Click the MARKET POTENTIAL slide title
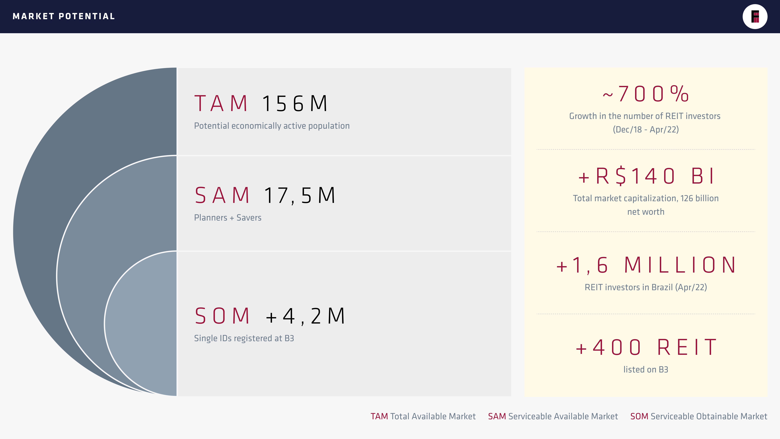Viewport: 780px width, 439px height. coord(64,16)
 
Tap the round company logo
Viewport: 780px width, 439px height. coord(755,17)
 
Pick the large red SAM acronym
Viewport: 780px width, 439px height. coord(222,195)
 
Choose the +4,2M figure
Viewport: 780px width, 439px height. coord(305,316)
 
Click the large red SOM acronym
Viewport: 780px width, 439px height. coord(222,316)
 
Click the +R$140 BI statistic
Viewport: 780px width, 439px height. coord(646,176)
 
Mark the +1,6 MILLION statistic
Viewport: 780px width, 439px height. coord(646,265)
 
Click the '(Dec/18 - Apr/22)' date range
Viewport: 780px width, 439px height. coord(646,130)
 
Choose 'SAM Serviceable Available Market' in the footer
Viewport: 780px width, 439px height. coord(553,416)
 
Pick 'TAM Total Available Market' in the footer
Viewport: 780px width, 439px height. coord(423,416)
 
